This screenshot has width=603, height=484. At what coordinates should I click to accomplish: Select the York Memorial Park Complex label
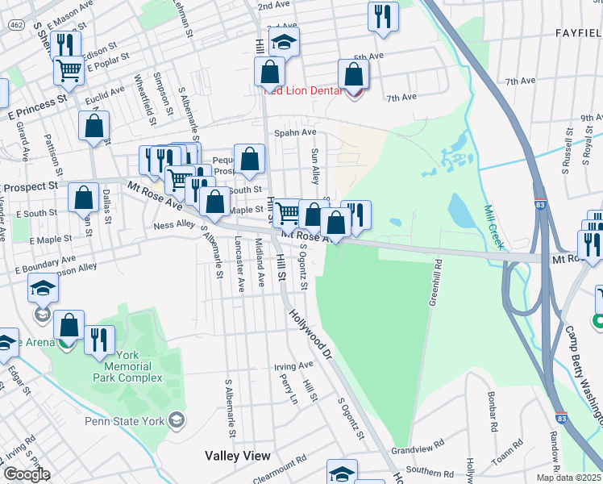[x=127, y=366]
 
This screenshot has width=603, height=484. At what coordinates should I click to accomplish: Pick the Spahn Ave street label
[x=295, y=132]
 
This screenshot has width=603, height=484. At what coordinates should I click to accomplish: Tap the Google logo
[x=26, y=474]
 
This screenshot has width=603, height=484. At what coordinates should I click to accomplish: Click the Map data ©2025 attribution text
[x=569, y=478]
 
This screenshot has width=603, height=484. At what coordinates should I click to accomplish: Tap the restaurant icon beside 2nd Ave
[x=383, y=15]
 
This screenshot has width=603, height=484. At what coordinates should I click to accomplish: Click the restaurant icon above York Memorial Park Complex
[x=100, y=339]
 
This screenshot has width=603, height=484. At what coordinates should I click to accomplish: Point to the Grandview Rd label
[x=418, y=444]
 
